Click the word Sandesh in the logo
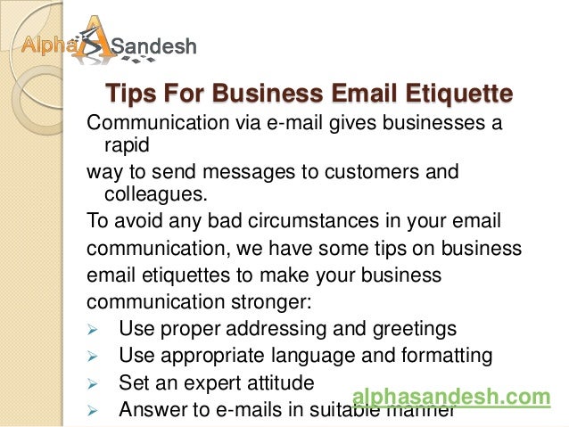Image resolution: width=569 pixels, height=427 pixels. tap(158, 45)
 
